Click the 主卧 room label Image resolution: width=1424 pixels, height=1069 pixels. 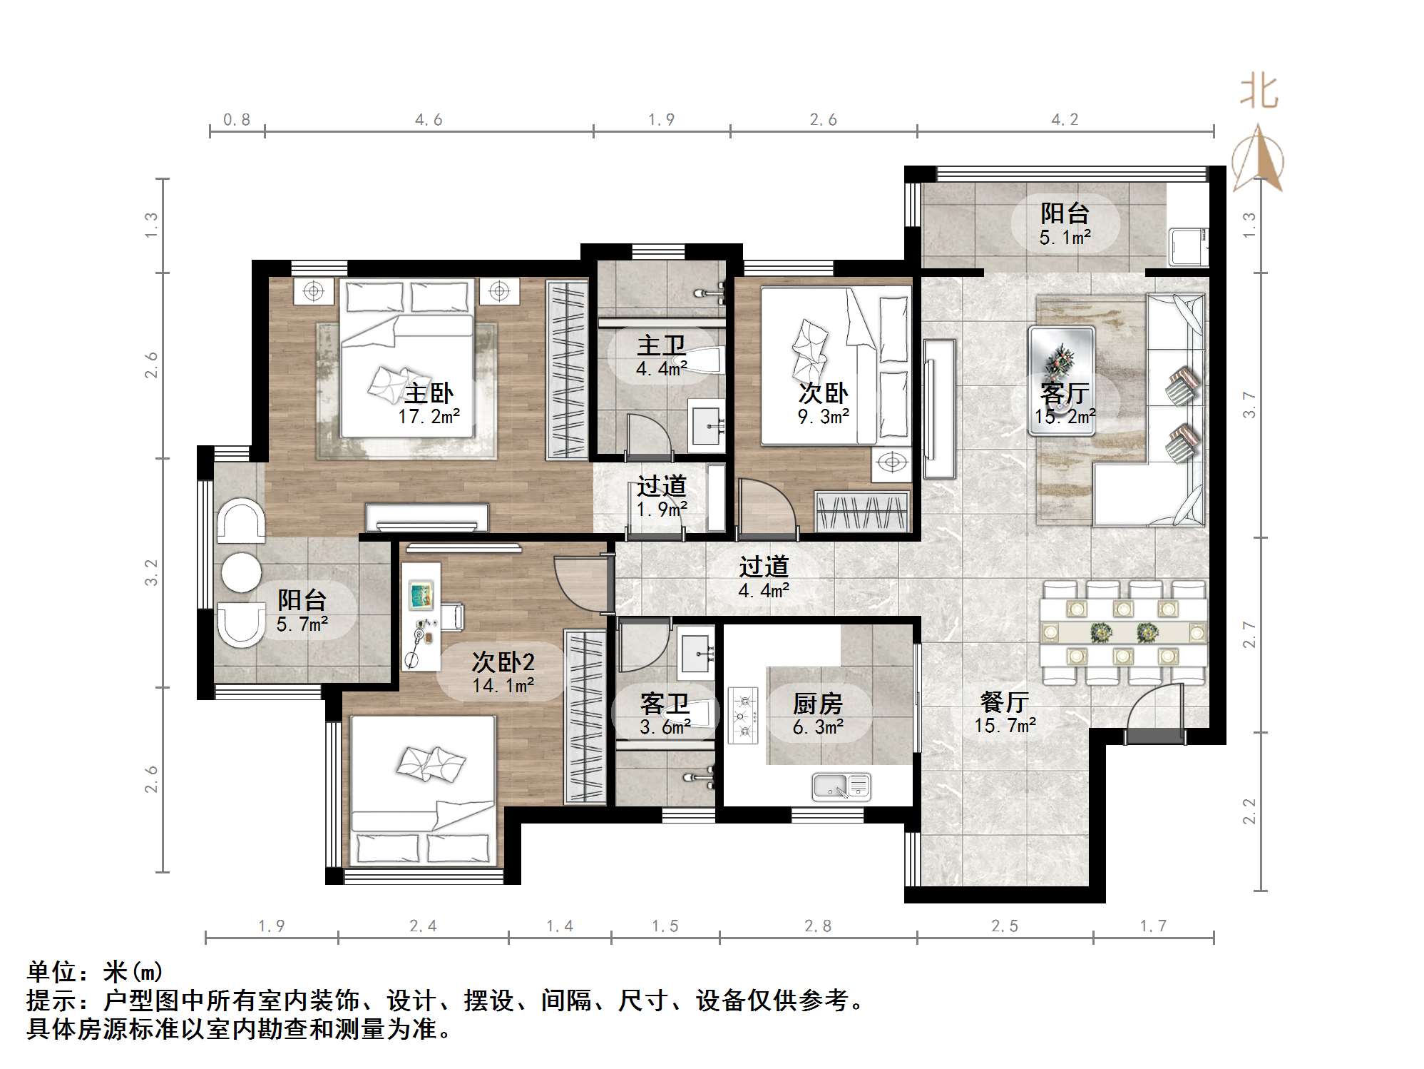click(429, 393)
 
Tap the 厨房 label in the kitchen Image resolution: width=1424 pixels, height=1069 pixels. click(818, 704)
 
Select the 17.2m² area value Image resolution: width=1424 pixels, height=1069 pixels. click(429, 417)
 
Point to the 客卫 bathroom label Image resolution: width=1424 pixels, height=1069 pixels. click(665, 704)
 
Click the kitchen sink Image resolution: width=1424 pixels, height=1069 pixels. click(841, 786)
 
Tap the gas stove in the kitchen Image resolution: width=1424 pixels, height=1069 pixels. click(743, 715)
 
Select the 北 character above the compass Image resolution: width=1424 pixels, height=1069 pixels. click(1259, 93)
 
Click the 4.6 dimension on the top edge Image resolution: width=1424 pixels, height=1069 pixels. click(429, 120)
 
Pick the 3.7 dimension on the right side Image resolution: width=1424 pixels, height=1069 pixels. click(1249, 405)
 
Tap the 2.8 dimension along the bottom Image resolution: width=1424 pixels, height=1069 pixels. click(818, 926)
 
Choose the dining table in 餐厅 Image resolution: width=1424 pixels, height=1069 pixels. click(1125, 632)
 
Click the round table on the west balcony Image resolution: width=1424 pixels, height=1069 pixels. click(241, 571)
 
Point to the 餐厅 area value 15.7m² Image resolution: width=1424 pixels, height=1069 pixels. click(1005, 726)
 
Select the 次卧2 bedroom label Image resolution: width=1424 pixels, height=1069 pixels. click(503, 662)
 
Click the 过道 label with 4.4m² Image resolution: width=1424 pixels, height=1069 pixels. click(764, 567)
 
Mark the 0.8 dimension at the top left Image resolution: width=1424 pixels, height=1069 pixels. click(237, 120)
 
